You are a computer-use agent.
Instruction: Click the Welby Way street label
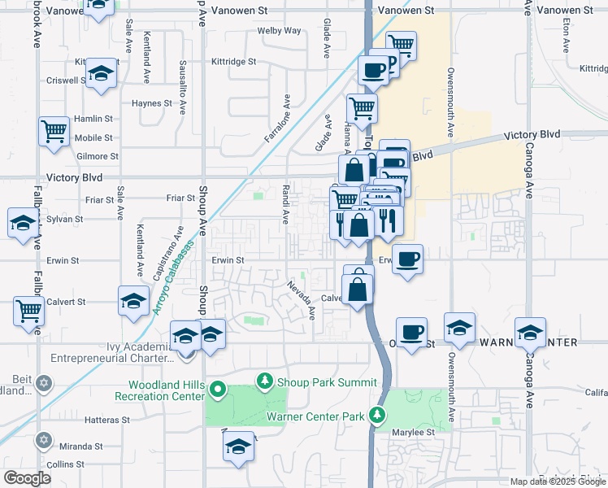point(279,31)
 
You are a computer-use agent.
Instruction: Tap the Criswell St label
point(67,81)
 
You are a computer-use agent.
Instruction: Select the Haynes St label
point(152,103)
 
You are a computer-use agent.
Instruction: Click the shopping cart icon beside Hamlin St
point(54,129)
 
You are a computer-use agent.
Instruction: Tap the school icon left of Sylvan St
point(23,222)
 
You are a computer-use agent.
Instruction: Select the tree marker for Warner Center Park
point(377,416)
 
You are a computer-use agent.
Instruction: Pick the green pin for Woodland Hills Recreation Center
point(217,390)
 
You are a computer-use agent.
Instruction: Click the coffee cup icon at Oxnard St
point(411,332)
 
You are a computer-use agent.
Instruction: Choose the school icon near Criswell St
point(102,72)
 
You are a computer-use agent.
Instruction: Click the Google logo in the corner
point(27,478)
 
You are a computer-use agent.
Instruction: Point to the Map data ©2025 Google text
point(557,481)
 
